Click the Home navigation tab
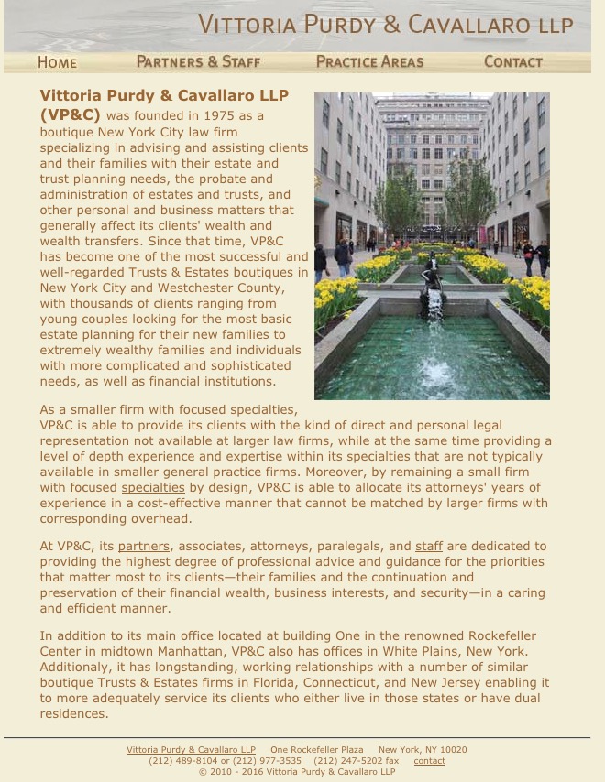(57, 62)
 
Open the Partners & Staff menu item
(198, 61)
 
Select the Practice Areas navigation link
(369, 61)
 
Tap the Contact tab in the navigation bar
(512, 61)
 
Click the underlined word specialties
(153, 487)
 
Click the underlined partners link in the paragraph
(144, 546)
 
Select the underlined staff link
(429, 546)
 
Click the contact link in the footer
(429, 760)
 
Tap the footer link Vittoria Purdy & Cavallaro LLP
(191, 749)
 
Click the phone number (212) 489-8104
(183, 760)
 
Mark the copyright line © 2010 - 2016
(297, 771)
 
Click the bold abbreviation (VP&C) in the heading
(70, 115)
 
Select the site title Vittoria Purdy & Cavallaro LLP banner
(386, 25)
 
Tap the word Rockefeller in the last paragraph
(502, 635)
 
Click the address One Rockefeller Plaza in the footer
(316, 749)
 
